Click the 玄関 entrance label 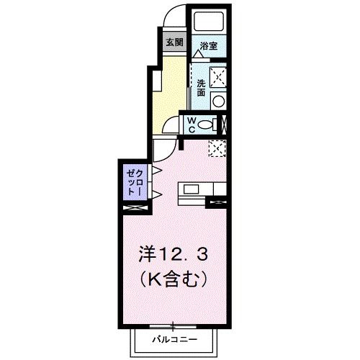point(175,42)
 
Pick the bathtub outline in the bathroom point(209,22)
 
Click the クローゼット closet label point(135,181)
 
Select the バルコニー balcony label point(174,338)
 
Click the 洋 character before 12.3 point(147,254)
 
